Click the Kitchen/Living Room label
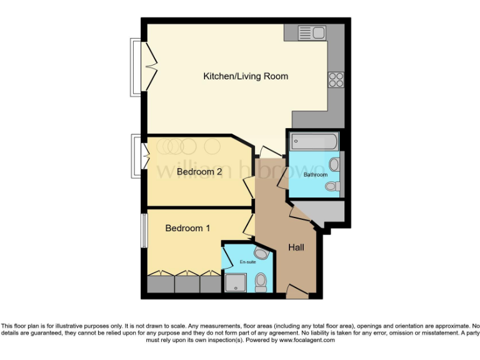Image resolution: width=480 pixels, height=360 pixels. click(246, 76)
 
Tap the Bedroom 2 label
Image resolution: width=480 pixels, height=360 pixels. click(199, 171)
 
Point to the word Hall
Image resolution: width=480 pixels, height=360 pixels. click(296, 247)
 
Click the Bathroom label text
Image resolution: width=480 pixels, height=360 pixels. click(315, 174)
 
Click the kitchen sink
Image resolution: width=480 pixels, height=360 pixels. click(310, 32)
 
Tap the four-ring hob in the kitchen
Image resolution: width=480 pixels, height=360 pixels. click(336, 80)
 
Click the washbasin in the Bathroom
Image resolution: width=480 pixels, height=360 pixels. click(335, 164)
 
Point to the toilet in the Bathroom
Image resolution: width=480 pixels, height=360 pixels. click(334, 186)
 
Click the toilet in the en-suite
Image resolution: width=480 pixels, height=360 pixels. click(261, 282)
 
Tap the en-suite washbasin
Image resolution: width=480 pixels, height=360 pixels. click(261, 252)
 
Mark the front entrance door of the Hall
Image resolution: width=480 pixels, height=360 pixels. click(292, 290)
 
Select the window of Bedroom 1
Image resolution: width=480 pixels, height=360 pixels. click(143, 231)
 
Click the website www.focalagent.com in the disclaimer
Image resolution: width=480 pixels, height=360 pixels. click(307, 341)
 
